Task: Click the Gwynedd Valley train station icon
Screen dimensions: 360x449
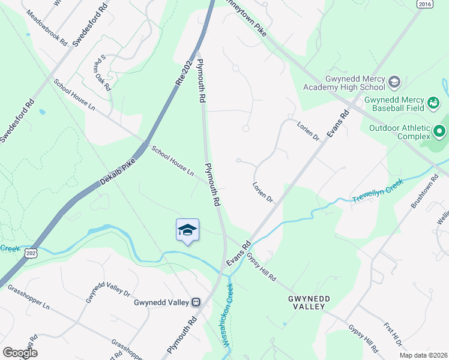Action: coord(196,302)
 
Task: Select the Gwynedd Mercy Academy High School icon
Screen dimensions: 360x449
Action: coord(394,81)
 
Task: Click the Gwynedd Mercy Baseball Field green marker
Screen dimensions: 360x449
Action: coord(433,103)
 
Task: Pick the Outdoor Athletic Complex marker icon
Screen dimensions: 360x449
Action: coord(439,130)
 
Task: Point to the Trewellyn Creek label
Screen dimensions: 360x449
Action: coord(378,194)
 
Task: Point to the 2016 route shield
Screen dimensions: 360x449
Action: coord(425,4)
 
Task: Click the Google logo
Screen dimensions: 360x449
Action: coord(20,352)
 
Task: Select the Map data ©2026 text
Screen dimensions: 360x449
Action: coord(423,355)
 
